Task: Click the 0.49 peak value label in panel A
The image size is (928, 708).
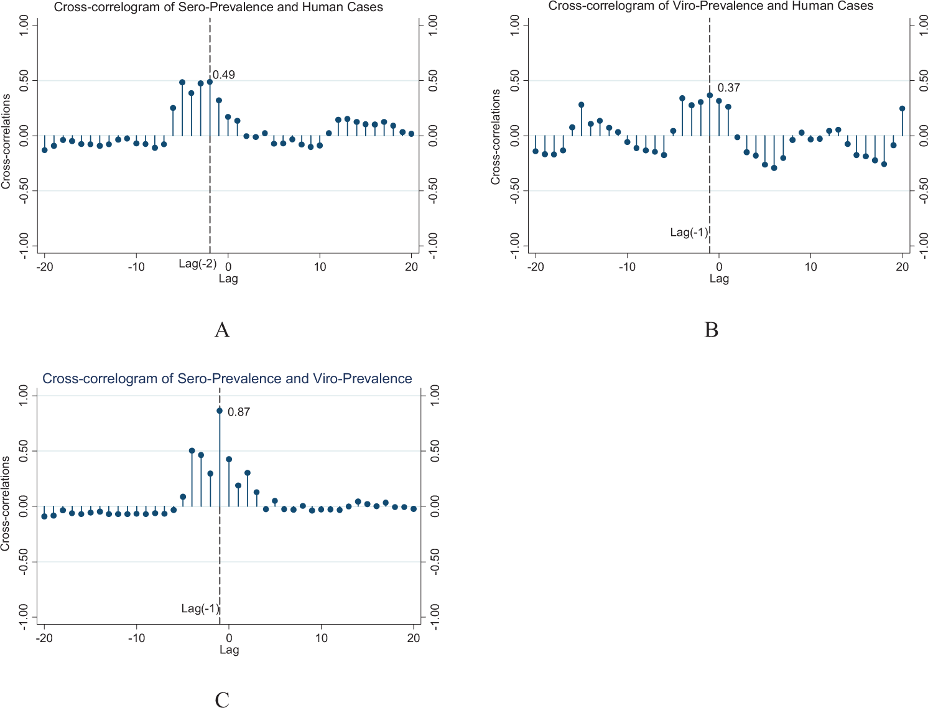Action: [x=224, y=75]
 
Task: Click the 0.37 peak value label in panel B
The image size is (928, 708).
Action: [x=728, y=88]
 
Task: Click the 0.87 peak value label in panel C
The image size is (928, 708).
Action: [x=239, y=412]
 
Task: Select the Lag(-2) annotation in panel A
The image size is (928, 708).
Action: [x=197, y=263]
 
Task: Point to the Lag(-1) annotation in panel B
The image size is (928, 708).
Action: [x=689, y=232]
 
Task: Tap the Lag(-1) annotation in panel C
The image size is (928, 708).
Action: [x=200, y=608]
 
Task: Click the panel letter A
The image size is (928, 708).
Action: [x=222, y=330]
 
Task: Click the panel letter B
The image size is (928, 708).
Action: [x=711, y=330]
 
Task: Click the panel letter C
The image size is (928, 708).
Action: [x=222, y=700]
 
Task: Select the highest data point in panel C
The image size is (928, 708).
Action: [x=220, y=411]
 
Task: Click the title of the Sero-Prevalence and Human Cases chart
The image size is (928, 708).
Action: [x=218, y=7]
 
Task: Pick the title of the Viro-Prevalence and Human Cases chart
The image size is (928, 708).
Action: [x=710, y=6]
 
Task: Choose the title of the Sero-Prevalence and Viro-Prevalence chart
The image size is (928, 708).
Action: [x=227, y=379]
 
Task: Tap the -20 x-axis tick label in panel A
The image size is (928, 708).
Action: [x=44, y=267]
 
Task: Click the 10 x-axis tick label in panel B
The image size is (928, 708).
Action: [x=810, y=267]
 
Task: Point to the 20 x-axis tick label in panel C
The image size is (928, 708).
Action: [x=414, y=638]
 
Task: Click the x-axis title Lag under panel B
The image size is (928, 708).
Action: [x=719, y=279]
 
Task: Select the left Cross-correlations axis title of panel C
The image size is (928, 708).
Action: [x=6, y=503]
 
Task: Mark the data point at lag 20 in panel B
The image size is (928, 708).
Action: [x=902, y=108]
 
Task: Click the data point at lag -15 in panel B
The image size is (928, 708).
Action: [x=581, y=105]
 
